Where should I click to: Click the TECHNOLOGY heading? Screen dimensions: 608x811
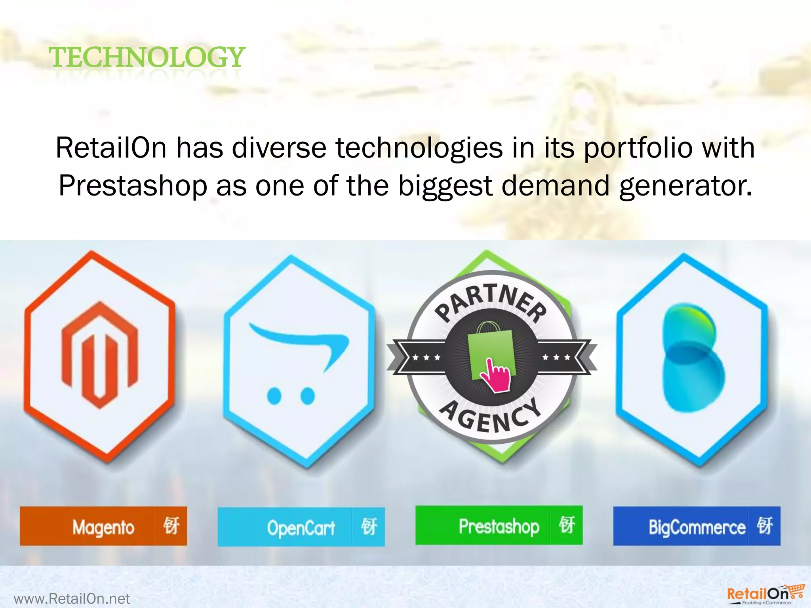147,57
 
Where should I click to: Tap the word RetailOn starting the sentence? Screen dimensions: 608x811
111,148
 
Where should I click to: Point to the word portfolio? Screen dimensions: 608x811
638,148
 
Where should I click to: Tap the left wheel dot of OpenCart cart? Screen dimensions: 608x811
274,395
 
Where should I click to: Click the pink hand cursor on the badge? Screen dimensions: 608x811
497,376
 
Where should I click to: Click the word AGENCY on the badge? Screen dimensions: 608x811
491,416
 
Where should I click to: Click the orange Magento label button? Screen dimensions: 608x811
103,526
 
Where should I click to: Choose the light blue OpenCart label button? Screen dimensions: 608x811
301,527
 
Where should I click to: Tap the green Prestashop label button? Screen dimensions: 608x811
499,526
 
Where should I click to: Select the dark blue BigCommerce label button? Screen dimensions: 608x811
697,526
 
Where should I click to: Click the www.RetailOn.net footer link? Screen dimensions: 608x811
72,598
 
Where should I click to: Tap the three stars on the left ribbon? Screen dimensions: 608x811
426,357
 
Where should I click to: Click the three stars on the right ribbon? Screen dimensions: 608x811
556,357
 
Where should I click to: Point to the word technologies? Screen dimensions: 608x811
419,148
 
